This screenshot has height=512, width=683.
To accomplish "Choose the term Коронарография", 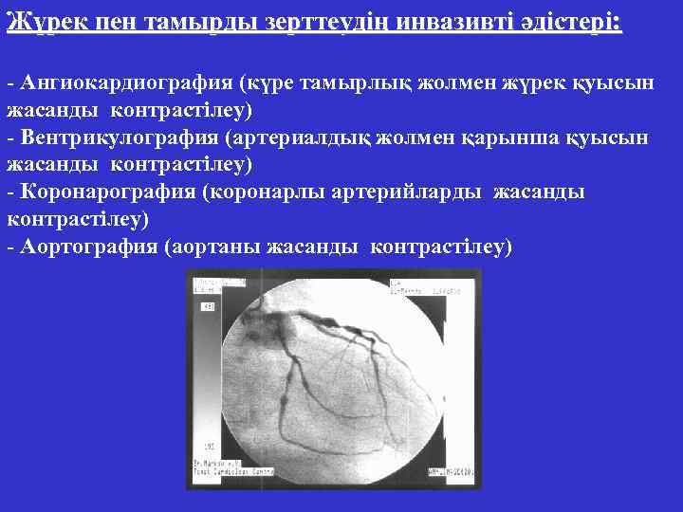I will coord(107,192).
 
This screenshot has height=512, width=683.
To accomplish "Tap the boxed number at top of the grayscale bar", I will coord(208,306).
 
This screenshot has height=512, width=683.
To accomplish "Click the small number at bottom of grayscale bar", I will coord(207,446).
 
